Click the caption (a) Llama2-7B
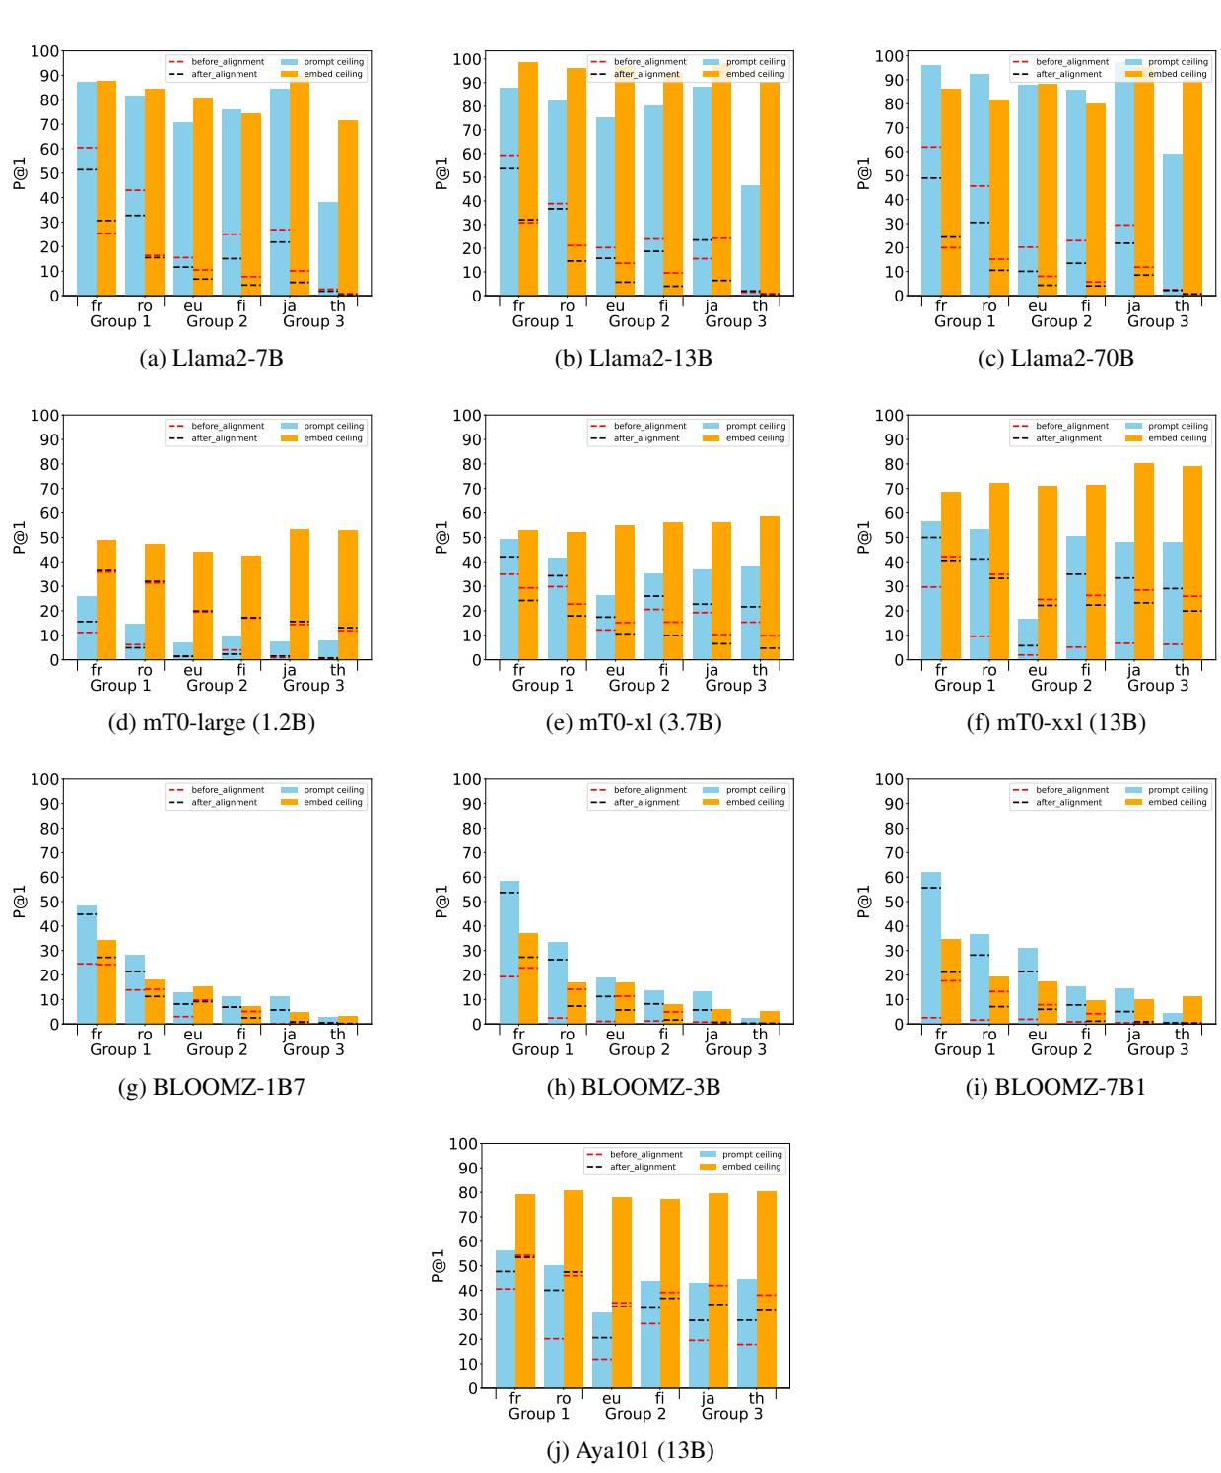coord(214,358)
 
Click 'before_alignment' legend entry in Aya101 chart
coord(645,1154)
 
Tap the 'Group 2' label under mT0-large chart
coord(214,686)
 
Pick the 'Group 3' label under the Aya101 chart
coord(731,1414)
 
